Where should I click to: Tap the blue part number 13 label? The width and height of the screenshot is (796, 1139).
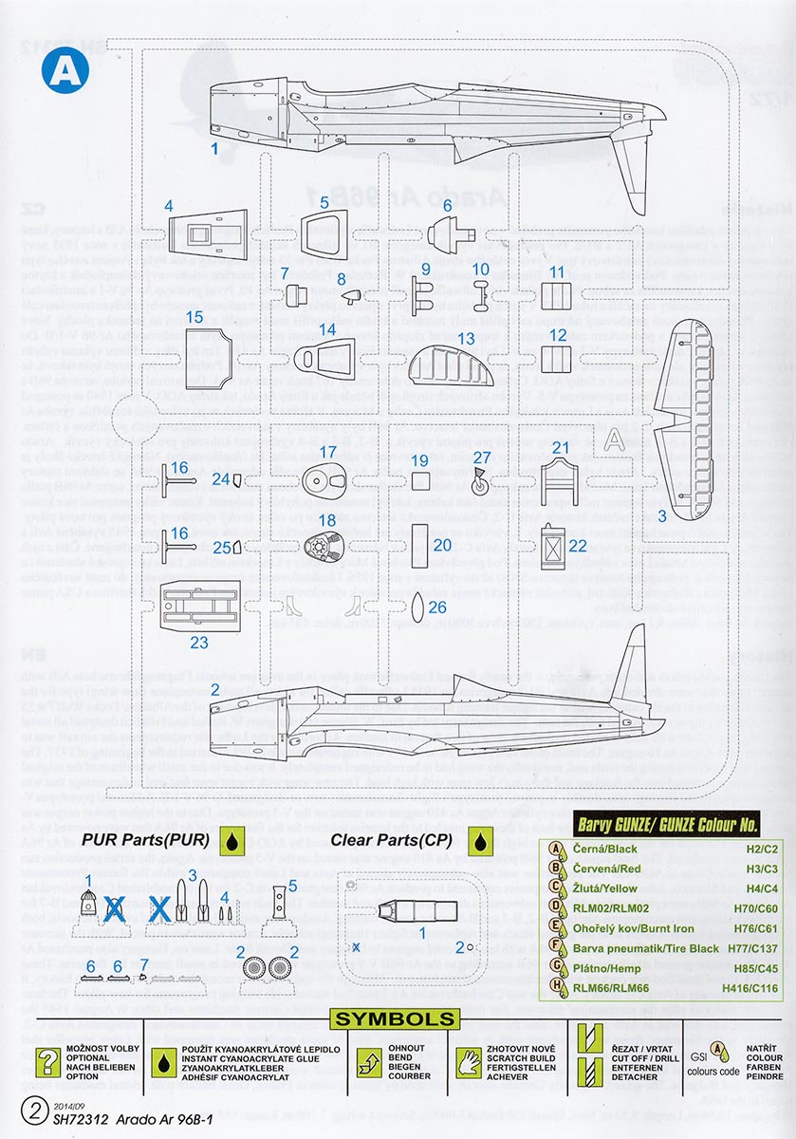[465, 338]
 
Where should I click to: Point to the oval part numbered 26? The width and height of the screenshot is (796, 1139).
[416, 606]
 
